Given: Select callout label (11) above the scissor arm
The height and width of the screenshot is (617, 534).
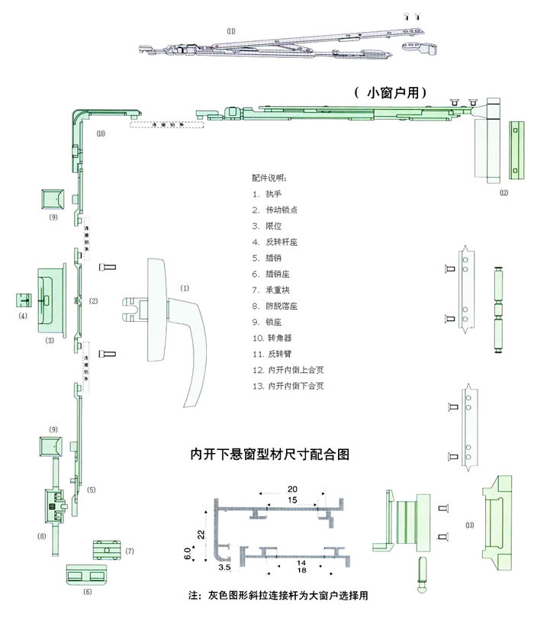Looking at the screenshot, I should coord(231,31).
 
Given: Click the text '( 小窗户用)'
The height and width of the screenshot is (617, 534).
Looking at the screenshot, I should coord(391,92).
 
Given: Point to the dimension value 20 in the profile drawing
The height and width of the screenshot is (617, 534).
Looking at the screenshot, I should coord(292,488).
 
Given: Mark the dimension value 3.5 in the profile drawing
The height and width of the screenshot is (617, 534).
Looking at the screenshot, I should coord(204,568).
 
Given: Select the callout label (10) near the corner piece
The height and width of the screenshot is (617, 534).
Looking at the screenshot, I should coord(101,133).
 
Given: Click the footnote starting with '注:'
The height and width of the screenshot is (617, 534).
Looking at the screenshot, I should coord(282,594).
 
